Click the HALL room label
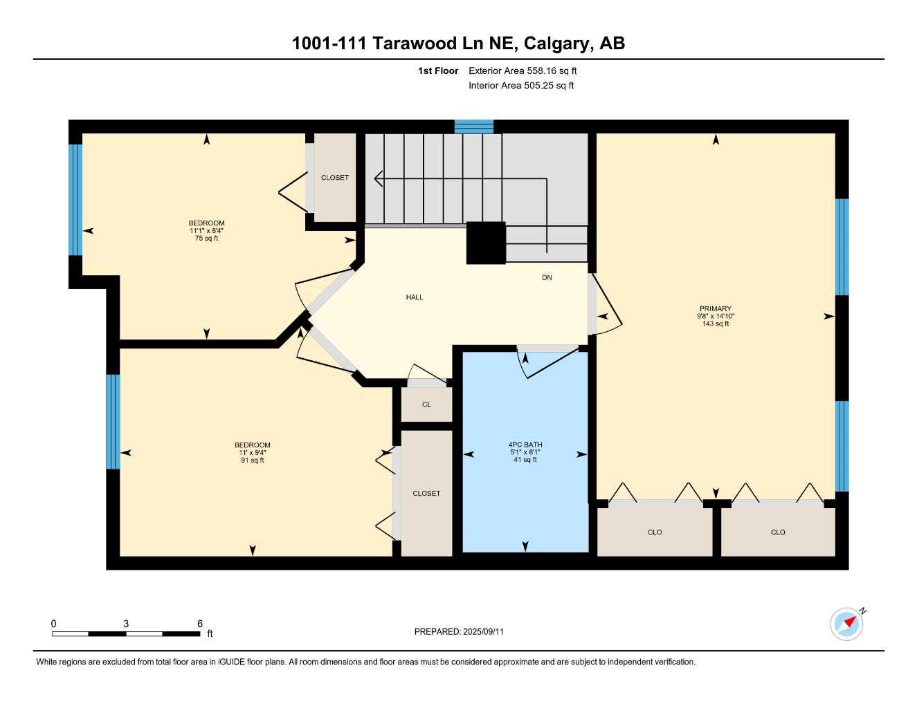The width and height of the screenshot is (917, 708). click(415, 297)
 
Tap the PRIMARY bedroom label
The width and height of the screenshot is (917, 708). click(715, 309)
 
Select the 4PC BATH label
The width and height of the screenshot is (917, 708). click(525, 445)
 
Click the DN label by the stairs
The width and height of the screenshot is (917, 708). click(547, 278)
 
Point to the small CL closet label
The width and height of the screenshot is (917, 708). click(426, 404)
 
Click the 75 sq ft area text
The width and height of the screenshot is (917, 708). click(206, 239)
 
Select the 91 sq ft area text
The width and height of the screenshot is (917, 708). click(252, 460)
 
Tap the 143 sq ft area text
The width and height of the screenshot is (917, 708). click(715, 324)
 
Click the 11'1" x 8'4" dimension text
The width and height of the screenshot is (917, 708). click(206, 231)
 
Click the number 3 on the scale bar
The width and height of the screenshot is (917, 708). click(126, 624)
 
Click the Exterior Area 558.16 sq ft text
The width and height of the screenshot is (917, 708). click(523, 71)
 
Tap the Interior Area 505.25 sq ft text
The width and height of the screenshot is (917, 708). click(521, 86)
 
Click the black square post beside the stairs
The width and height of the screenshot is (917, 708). click(486, 243)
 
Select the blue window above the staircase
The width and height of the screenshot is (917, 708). click(474, 127)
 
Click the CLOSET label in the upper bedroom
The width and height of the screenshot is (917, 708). click(335, 178)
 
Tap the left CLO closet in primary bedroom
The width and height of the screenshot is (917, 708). click(655, 532)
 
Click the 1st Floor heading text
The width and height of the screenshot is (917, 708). click(438, 71)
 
